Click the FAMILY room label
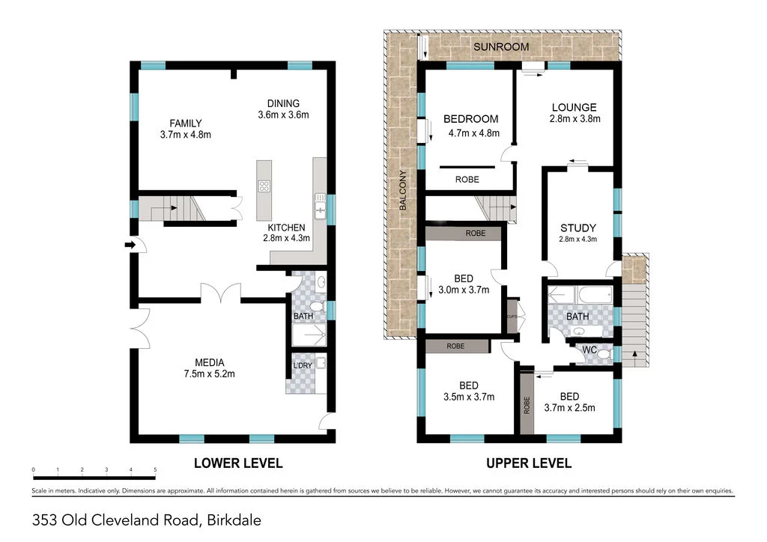(x=185, y=129)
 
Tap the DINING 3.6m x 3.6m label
(x=283, y=109)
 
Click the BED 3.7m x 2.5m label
(x=569, y=401)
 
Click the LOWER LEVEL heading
(x=238, y=463)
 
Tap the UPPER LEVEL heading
(x=529, y=463)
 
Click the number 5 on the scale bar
(x=155, y=470)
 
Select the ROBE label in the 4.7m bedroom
(x=467, y=180)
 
